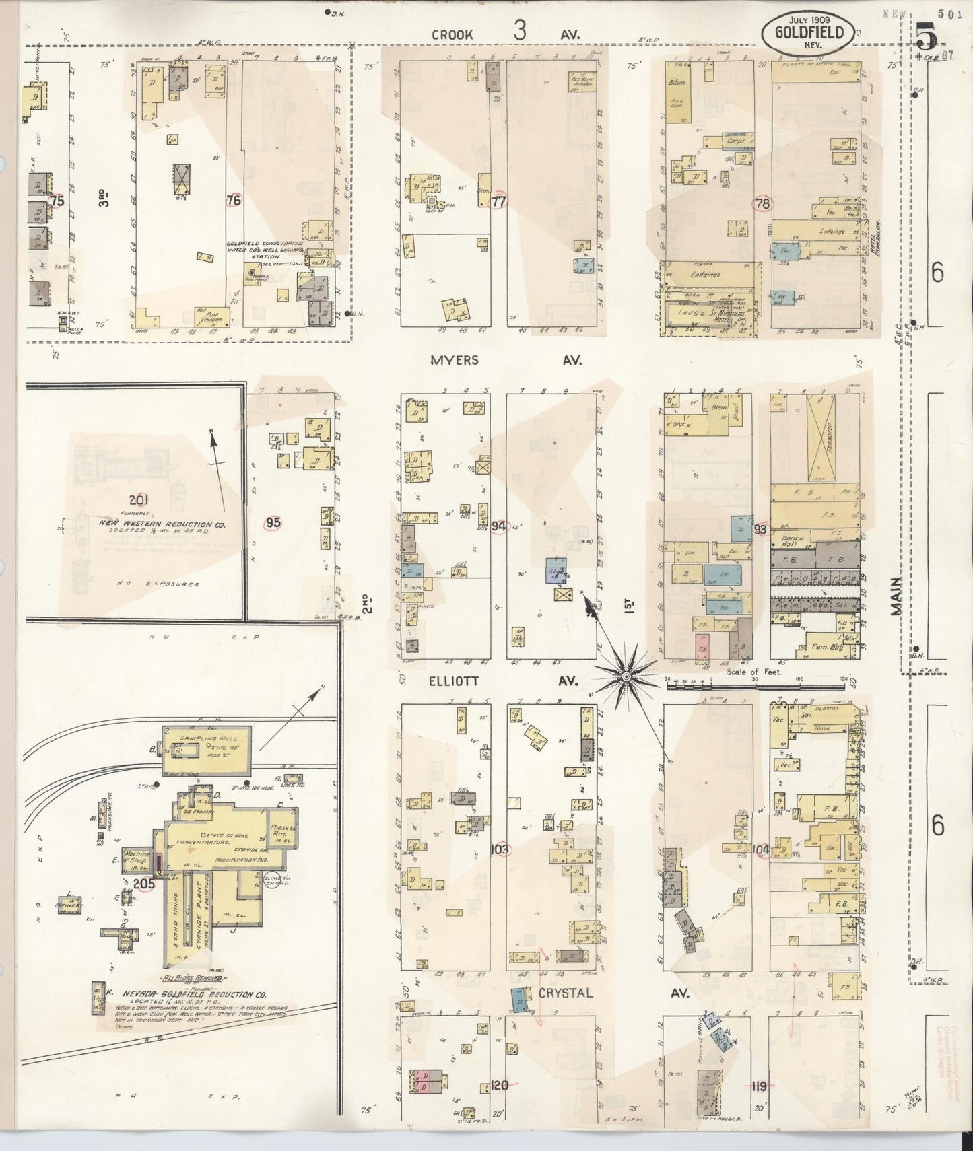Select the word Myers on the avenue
455,360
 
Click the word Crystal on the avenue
565,993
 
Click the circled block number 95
273,523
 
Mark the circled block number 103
500,848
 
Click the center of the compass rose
626,675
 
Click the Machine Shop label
138,858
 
